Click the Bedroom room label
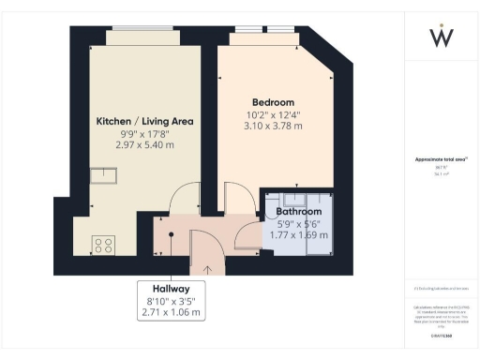274,102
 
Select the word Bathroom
298,212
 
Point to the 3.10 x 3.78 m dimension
274,127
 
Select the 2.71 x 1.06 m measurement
172,312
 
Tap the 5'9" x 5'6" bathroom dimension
298,224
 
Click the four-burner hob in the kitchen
103,246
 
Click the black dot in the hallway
172,234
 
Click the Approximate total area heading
440,160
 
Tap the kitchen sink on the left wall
102,175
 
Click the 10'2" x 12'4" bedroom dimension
274,114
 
